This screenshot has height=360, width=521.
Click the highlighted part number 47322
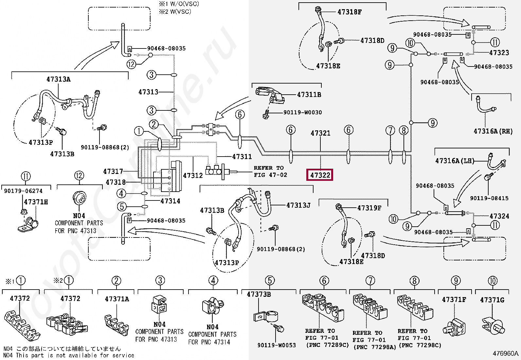(320, 175)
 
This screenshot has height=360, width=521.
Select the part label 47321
(320, 133)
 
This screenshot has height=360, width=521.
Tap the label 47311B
(309, 95)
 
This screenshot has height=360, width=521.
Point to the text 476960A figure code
(505, 353)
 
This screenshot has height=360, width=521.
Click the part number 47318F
(349, 12)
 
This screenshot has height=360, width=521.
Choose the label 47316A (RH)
(493, 131)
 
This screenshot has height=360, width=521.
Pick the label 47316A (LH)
(455, 161)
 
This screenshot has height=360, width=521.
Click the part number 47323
(499, 53)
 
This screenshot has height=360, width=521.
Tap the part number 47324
(499, 216)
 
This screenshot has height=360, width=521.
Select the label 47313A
(58, 79)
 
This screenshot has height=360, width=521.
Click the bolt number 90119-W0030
(303, 112)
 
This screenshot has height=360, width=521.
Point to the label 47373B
(259, 294)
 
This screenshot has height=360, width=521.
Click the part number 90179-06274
(23, 191)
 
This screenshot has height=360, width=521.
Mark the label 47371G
(492, 300)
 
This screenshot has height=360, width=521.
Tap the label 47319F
(369, 208)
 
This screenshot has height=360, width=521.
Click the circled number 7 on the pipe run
(390, 130)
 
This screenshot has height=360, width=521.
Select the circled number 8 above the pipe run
(404, 130)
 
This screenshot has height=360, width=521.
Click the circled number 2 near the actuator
(154, 124)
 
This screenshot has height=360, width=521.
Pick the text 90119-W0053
(277, 345)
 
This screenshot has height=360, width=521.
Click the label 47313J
(298, 205)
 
